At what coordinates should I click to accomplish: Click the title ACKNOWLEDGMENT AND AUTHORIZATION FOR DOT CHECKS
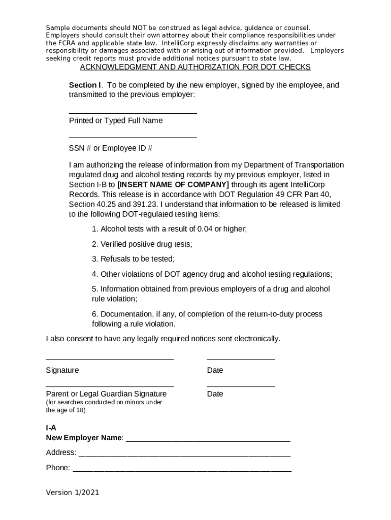[195, 67]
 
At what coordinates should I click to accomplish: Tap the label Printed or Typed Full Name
[116, 121]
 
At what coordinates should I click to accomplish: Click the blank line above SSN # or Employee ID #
[133, 137]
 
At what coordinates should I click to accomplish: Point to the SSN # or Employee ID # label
[111, 148]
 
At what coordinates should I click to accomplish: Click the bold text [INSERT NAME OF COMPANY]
[173, 184]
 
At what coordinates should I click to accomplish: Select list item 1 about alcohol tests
[169, 229]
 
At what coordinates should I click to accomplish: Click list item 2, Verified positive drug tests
[142, 244]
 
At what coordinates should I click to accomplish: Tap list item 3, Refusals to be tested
[133, 259]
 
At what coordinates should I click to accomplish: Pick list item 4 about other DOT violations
[212, 274]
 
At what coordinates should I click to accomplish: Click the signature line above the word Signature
[110, 359]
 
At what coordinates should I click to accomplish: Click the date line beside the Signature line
[241, 359]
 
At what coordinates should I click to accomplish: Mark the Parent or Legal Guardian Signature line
[110, 386]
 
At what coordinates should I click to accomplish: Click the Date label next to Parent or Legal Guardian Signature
[215, 394]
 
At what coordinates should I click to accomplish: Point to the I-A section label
[51, 428]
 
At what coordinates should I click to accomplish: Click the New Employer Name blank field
[208, 439]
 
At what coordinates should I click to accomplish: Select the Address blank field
[184, 453]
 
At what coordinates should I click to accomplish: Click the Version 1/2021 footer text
[73, 493]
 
